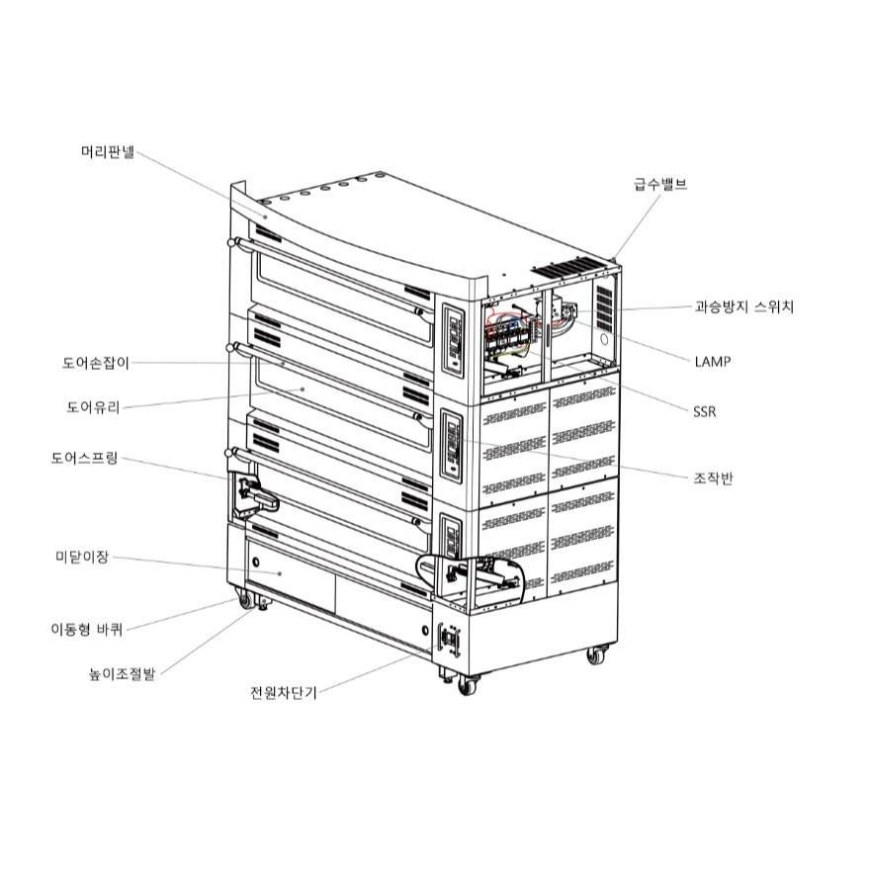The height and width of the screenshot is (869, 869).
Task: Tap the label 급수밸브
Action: [659, 184]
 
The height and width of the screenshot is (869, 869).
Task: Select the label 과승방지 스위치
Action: [743, 306]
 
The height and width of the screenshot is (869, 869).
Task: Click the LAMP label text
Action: [712, 362]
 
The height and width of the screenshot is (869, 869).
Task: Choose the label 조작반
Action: [713, 478]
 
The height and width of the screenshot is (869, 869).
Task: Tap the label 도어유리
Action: [93, 406]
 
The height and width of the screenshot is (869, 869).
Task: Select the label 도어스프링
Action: [84, 459]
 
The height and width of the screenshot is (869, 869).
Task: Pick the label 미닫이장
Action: [81, 558]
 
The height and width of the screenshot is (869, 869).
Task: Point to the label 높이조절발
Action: [122, 675]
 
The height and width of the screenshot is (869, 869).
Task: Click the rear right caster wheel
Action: [595, 654]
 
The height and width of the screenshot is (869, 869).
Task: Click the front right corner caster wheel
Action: [467, 685]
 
